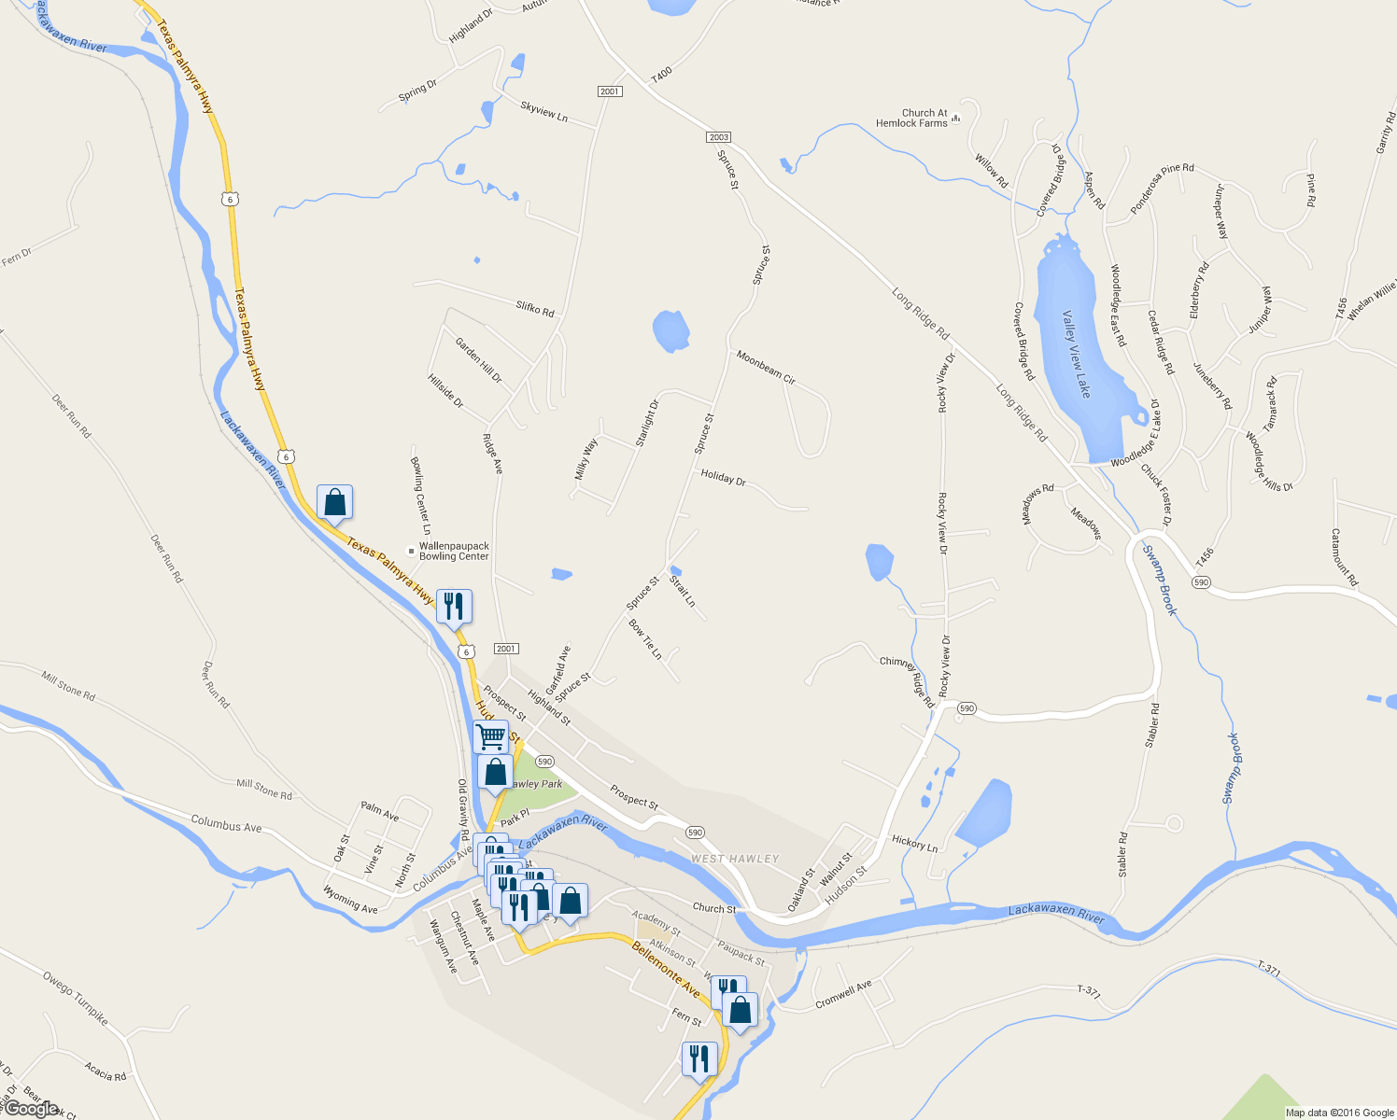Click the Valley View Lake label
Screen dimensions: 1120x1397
pos(1076,354)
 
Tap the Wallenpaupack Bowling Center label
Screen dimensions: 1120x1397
pos(454,552)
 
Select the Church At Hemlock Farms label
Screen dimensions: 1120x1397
pos(911,119)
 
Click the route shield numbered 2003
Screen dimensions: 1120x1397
pos(718,137)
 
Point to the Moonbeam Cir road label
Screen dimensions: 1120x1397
pos(766,368)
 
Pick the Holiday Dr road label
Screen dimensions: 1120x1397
pos(723,478)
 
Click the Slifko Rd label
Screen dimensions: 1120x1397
pos(535,308)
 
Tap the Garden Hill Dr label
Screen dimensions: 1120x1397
pos(479,360)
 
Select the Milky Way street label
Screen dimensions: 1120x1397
pos(586,459)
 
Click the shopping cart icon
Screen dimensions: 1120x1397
pos(490,736)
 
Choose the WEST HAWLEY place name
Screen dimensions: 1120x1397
pos(735,859)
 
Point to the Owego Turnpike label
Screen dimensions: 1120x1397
pos(75,998)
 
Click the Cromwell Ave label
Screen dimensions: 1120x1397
pos(843,994)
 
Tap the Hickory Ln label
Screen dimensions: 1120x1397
pos(914,844)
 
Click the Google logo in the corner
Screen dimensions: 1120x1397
pos(30,1109)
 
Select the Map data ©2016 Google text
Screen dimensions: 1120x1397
pos(1339,1113)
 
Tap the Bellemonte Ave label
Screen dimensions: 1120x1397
pos(666,969)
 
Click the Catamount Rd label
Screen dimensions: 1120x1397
pos(1344,557)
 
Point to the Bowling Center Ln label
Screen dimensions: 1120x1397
pos(420,495)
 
